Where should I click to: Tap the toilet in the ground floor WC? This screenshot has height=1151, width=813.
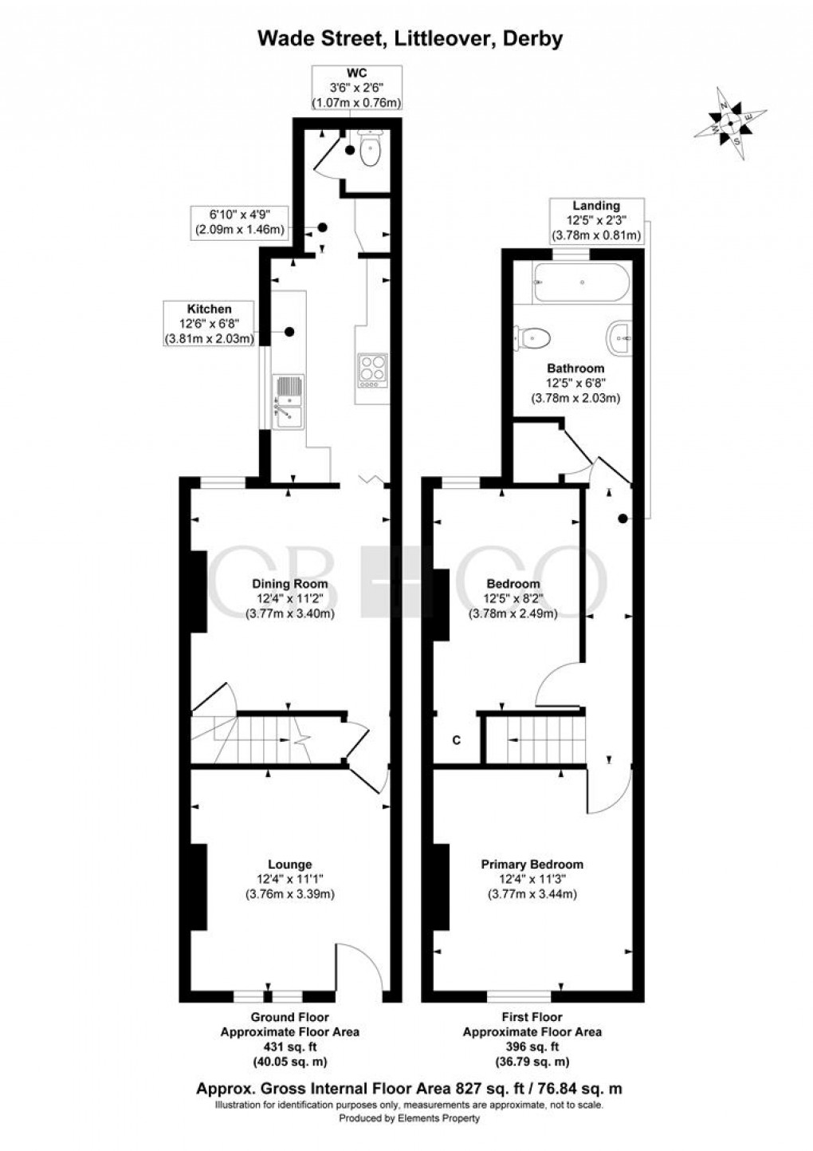371,149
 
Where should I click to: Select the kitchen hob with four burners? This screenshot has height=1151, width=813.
371,371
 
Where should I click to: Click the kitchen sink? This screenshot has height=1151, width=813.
287,401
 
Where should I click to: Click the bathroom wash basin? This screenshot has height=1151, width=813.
619,338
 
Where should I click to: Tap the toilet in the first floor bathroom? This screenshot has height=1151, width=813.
533,337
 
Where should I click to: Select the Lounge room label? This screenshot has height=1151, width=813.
289,865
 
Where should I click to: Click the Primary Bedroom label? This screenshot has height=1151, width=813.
532,865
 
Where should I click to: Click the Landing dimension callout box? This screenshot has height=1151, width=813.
596,221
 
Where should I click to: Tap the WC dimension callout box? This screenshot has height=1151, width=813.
355,87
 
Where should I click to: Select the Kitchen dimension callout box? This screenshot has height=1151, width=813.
209,324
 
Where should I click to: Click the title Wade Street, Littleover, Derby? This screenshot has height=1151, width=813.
409,37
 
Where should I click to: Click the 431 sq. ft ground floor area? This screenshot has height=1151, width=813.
289,1047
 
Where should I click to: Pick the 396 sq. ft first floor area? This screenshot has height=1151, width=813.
532,1047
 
